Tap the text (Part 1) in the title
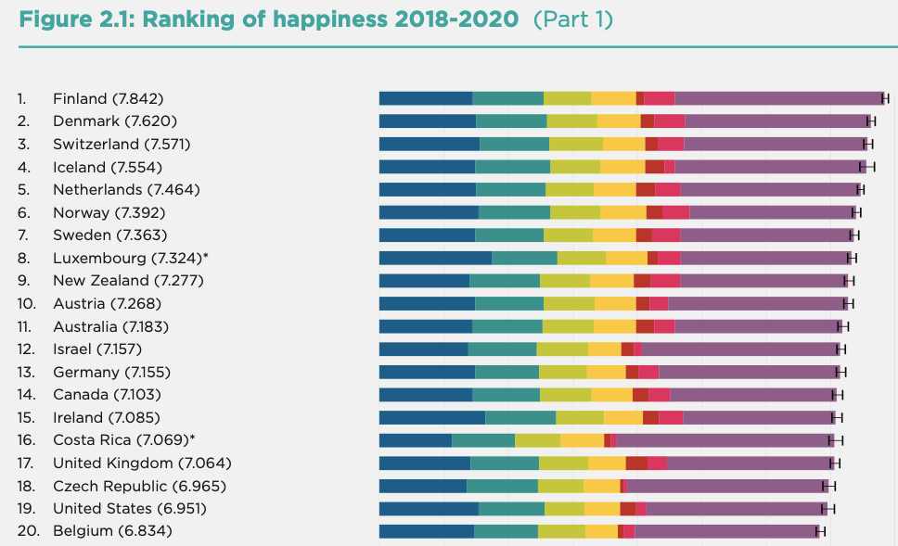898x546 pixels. point(572,19)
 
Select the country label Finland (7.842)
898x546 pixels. point(109,98)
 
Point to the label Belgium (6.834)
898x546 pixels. point(112,531)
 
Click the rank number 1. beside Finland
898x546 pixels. point(23,98)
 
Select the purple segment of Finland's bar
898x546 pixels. point(777,98)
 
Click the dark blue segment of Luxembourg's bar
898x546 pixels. point(435,258)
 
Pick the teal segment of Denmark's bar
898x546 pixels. point(511,121)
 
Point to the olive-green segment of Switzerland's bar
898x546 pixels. point(576,144)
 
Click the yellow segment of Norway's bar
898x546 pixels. point(623,212)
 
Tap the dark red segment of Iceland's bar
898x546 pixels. point(654,167)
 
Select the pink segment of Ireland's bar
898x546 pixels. point(671,417)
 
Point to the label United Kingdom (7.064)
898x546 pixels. point(142,463)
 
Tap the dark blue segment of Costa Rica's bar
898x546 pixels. point(416,440)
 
